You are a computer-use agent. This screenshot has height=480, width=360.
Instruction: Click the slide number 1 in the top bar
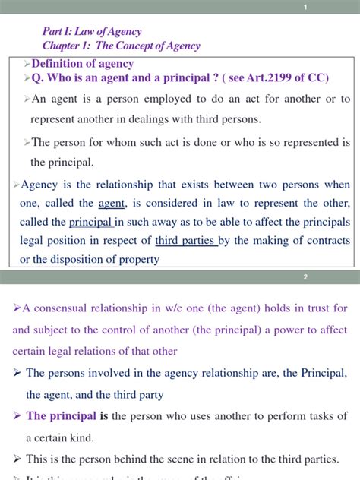(305, 8)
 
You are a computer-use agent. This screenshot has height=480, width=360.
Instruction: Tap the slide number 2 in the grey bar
(305, 277)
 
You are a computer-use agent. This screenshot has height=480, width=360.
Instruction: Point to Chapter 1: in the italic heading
(68, 46)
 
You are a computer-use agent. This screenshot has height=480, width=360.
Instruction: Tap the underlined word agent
(111, 204)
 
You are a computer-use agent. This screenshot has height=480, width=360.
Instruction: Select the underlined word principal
(90, 222)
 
